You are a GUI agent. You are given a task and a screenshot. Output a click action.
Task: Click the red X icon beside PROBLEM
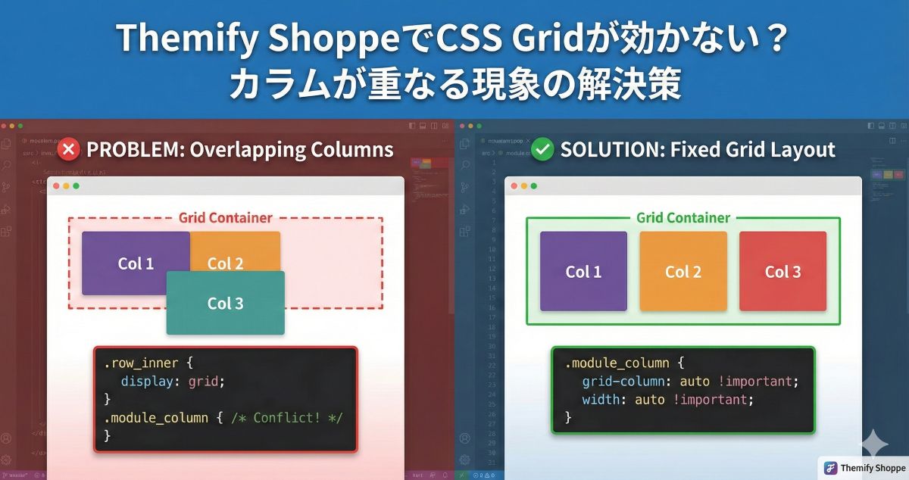[x=68, y=149]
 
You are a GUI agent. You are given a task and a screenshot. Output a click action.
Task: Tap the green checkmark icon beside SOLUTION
[x=542, y=149]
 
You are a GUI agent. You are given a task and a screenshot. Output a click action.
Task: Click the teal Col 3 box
[x=226, y=304]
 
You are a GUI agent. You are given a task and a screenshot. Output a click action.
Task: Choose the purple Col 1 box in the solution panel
[x=583, y=272]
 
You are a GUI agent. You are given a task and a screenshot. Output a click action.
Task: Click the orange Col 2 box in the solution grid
[x=683, y=272]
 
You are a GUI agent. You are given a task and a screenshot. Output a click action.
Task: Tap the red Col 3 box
[x=782, y=272]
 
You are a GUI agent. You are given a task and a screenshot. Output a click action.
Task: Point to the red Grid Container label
[x=225, y=218]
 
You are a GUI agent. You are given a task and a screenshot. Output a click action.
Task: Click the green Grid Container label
[x=683, y=218]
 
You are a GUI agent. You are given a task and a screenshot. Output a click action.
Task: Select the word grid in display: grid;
[x=206, y=381]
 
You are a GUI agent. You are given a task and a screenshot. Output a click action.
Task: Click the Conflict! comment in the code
[x=289, y=418]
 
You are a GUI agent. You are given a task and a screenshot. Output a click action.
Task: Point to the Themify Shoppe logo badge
[x=864, y=468]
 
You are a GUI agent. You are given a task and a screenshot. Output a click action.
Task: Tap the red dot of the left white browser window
[x=55, y=186]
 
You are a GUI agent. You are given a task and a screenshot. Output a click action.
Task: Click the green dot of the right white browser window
[x=534, y=186]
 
